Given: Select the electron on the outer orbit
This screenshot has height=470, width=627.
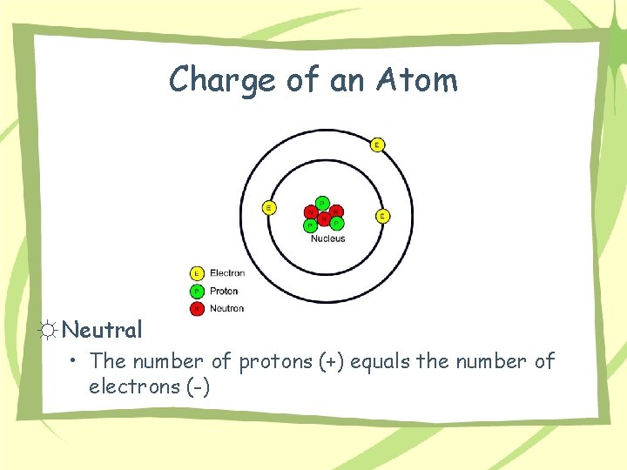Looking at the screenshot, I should click(376, 144).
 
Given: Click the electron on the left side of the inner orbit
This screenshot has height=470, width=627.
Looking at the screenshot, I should click(269, 207).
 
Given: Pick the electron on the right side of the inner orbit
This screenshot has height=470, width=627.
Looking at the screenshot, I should click(381, 215).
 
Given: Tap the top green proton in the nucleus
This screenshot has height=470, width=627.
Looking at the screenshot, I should click(321, 203).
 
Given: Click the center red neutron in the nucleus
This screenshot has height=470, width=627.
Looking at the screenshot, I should click(323, 218).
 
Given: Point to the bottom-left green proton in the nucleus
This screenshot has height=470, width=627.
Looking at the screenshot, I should click(310, 225).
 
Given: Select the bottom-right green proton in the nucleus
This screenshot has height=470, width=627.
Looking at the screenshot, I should click(335, 224).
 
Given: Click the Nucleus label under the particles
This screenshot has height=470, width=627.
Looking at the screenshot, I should click(328, 238).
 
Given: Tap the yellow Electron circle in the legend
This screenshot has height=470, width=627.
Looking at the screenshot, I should click(197, 273).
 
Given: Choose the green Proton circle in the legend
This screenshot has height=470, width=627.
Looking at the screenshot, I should click(197, 291).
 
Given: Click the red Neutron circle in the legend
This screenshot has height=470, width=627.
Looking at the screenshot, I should click(197, 308).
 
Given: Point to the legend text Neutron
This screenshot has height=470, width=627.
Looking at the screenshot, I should click(226, 308).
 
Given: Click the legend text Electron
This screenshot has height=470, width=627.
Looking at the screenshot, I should click(227, 273).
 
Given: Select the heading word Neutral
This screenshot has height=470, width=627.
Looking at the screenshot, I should click(102, 330).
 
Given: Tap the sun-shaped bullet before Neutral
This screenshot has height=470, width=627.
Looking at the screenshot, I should click(49, 330).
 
